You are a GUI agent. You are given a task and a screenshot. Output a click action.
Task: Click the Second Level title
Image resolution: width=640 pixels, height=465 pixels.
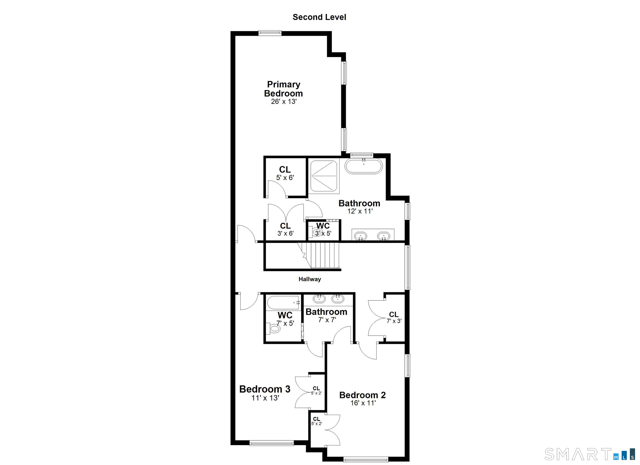[319, 17]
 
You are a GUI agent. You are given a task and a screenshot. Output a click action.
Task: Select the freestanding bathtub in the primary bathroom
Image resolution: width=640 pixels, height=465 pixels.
[364, 166]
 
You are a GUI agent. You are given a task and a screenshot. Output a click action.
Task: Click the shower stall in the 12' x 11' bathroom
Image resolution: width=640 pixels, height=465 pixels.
[324, 176]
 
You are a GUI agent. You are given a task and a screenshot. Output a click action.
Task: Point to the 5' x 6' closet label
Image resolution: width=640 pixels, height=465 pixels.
[285, 173]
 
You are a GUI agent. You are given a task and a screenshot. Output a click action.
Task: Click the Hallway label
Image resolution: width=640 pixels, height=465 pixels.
[310, 279]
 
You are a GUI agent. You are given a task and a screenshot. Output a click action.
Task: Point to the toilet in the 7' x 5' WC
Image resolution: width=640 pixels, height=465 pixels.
[274, 328]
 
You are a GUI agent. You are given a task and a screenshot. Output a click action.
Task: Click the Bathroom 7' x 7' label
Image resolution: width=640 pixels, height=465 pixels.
[326, 315]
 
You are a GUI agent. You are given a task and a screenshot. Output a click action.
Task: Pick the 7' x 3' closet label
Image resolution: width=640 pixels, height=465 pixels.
[394, 317]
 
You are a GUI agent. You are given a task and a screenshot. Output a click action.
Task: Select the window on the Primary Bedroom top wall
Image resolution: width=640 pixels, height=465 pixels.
[270, 33]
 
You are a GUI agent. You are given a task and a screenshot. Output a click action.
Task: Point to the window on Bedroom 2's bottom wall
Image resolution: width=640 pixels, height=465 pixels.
[366, 459]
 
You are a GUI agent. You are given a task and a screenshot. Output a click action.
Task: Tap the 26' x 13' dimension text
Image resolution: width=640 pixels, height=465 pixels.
[284, 102]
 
